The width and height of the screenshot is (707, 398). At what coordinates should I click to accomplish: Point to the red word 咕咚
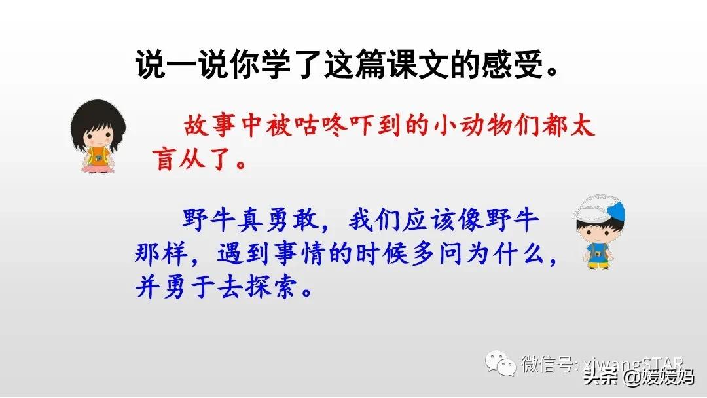pos(323,126)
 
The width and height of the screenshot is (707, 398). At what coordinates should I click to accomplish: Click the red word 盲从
pos(189,159)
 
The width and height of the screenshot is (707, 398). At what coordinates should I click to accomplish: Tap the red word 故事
pos(204,126)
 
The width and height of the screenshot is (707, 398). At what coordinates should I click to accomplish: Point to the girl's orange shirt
pos(98,155)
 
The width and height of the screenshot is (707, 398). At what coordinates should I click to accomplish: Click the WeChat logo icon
pos(499,364)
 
